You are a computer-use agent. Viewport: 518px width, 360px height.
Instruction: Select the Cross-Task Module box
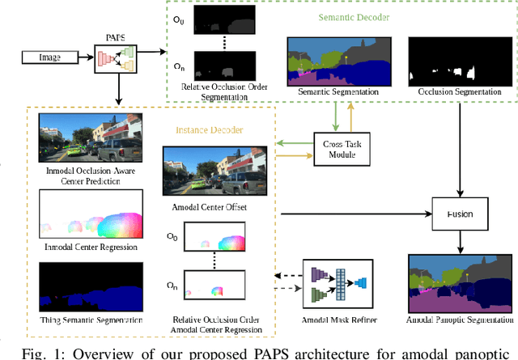(340, 148)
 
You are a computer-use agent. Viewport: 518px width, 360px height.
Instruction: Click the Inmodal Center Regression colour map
(91, 213)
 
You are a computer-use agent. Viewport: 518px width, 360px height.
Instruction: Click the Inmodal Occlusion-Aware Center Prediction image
(91, 138)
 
